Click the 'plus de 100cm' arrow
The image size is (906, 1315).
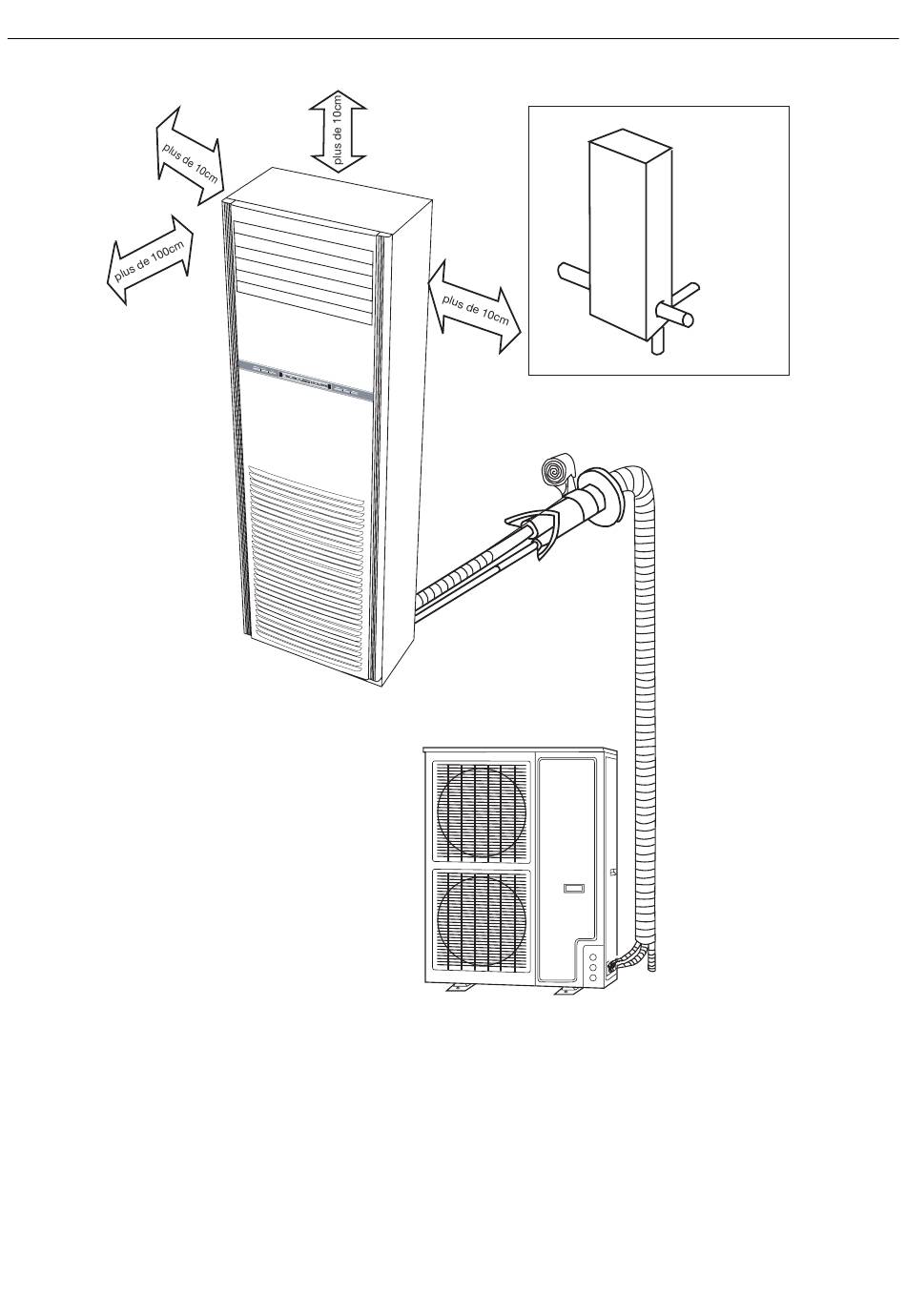point(150,259)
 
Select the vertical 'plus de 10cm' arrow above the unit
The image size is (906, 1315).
point(338,130)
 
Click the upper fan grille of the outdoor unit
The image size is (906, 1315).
point(481,811)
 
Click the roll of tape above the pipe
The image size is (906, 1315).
point(555,470)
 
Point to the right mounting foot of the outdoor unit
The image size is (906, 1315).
point(569,992)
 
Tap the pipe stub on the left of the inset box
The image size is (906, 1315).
point(573,277)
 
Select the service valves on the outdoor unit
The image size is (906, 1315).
point(592,966)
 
